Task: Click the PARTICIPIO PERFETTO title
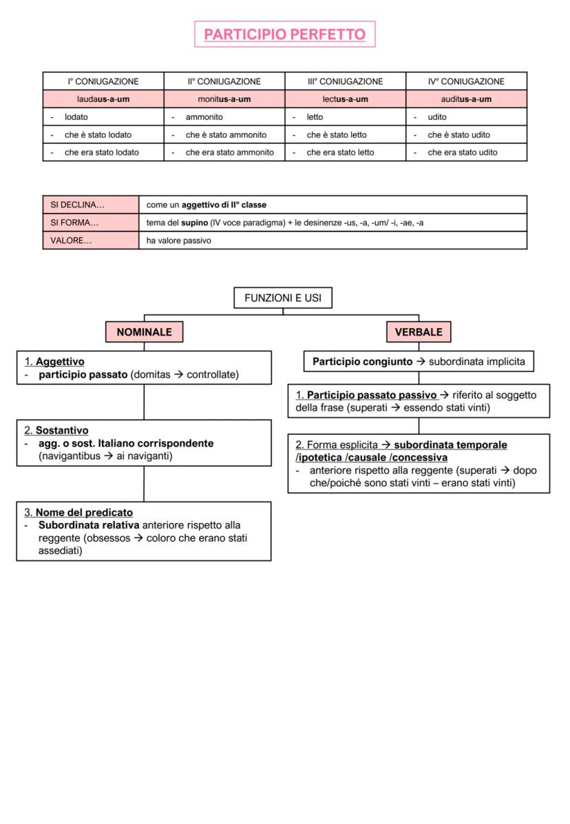(x=285, y=34)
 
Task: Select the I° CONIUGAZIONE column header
(x=103, y=81)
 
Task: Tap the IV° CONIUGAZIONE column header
(x=466, y=81)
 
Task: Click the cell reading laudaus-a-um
(x=103, y=99)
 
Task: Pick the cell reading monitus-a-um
(x=224, y=99)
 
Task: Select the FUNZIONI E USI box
(x=283, y=298)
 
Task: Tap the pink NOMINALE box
(x=144, y=332)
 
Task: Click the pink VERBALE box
(x=419, y=332)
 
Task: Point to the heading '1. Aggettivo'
(x=54, y=361)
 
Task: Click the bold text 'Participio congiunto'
(x=363, y=361)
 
